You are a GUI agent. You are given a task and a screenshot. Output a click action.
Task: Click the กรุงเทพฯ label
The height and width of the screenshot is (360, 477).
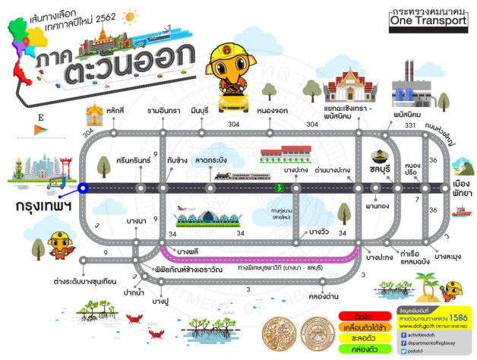tap(43, 205)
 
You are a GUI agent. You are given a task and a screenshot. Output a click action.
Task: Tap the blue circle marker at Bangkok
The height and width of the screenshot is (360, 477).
tap(83, 186)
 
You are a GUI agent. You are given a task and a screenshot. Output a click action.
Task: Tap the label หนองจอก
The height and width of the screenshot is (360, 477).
tap(271, 111)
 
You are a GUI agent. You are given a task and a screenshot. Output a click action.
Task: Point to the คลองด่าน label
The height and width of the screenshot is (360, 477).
tap(325, 298)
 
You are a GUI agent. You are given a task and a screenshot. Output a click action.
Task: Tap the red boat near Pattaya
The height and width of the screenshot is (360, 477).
tap(462, 213)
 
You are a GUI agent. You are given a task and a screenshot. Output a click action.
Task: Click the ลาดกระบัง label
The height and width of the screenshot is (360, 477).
tap(211, 162)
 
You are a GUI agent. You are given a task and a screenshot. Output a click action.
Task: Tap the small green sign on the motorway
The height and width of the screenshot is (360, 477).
tap(279, 187)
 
